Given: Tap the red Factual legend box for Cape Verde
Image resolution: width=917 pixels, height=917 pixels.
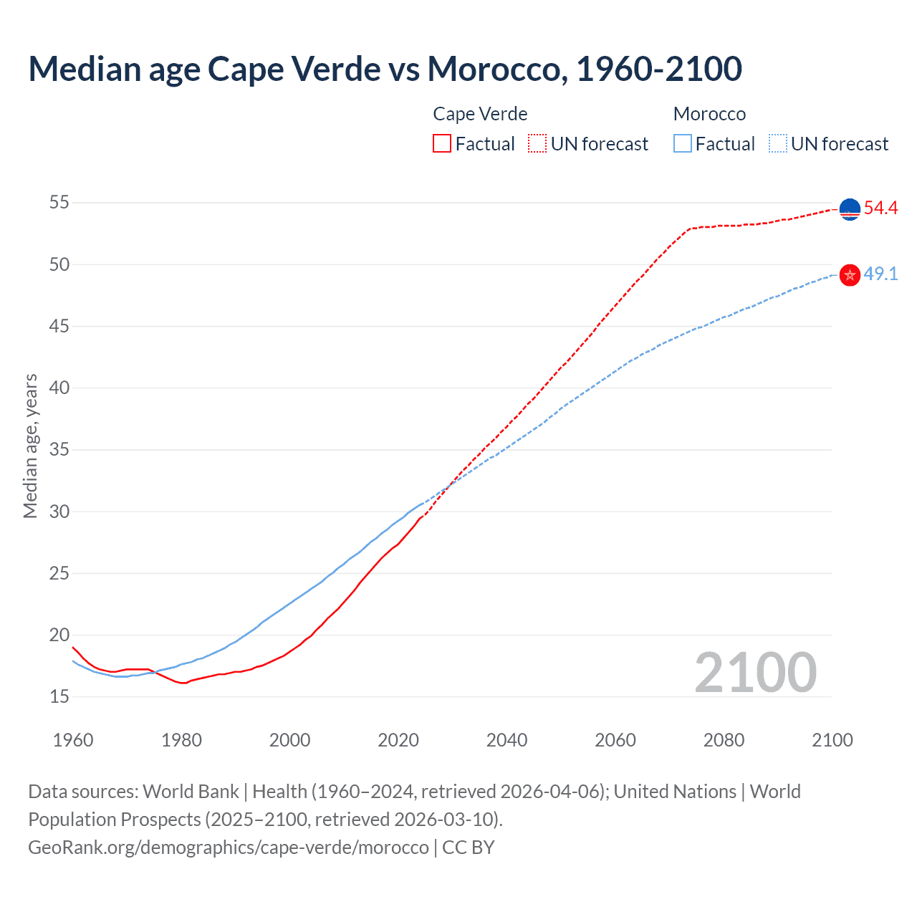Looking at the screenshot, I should tap(442, 144).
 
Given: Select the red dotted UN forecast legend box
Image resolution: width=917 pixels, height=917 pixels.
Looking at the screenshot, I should tap(537, 144).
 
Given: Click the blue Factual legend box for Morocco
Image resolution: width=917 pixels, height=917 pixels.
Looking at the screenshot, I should tap(683, 144).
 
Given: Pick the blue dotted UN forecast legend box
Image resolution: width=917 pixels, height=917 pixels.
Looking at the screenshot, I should tap(778, 144).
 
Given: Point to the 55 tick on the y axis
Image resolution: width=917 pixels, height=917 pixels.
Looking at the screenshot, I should tap(59, 203).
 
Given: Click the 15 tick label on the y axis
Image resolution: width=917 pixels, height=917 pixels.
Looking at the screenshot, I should tap(59, 696).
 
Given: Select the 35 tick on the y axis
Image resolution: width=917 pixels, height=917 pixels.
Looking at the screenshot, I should tap(59, 450).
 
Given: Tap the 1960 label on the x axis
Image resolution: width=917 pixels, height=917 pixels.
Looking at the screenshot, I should tap(73, 740).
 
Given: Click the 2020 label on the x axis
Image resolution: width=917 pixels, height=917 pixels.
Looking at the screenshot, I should tap(398, 740).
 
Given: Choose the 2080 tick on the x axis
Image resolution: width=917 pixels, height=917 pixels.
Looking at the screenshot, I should tap(724, 740).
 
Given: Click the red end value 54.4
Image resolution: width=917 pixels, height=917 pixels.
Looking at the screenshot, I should tap(880, 208).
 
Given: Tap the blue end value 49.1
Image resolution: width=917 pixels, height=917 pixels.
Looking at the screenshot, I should tap(880, 274).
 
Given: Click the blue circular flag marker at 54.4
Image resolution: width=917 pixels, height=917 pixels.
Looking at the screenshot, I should tap(850, 209).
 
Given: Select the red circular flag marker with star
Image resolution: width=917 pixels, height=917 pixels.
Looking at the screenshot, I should tap(850, 275).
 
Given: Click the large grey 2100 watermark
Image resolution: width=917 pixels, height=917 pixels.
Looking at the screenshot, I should tap(755, 673).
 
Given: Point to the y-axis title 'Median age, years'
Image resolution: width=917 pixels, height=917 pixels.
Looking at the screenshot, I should tap(30, 446).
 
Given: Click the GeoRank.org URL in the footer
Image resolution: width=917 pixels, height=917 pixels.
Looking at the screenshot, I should tap(228, 848).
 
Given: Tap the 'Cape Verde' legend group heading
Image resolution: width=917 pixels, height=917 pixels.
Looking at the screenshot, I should tap(480, 114).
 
